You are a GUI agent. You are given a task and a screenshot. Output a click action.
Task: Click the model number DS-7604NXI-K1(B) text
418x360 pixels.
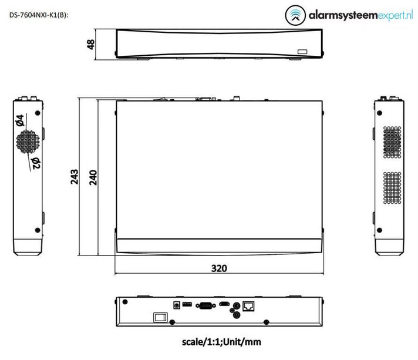click(x=39, y=15)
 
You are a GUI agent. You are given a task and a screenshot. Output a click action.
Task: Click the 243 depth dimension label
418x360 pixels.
click(x=75, y=177)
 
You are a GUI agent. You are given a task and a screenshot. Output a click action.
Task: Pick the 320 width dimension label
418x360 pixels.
click(x=218, y=268)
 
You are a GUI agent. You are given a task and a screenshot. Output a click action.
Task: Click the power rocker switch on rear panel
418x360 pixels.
click(x=159, y=317)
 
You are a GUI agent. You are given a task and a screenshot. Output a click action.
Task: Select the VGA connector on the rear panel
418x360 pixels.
click(x=205, y=304)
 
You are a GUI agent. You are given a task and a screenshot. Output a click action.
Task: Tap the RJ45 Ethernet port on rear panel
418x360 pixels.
click(x=250, y=305)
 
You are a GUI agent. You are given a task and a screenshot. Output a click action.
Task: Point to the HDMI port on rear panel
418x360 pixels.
click(x=224, y=304)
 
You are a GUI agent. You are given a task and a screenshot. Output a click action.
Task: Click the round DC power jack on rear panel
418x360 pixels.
click(x=176, y=304)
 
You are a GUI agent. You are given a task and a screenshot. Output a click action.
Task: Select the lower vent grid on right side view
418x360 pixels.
click(x=392, y=189)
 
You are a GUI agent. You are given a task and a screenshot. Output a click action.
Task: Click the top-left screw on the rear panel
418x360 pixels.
click(x=124, y=303)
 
